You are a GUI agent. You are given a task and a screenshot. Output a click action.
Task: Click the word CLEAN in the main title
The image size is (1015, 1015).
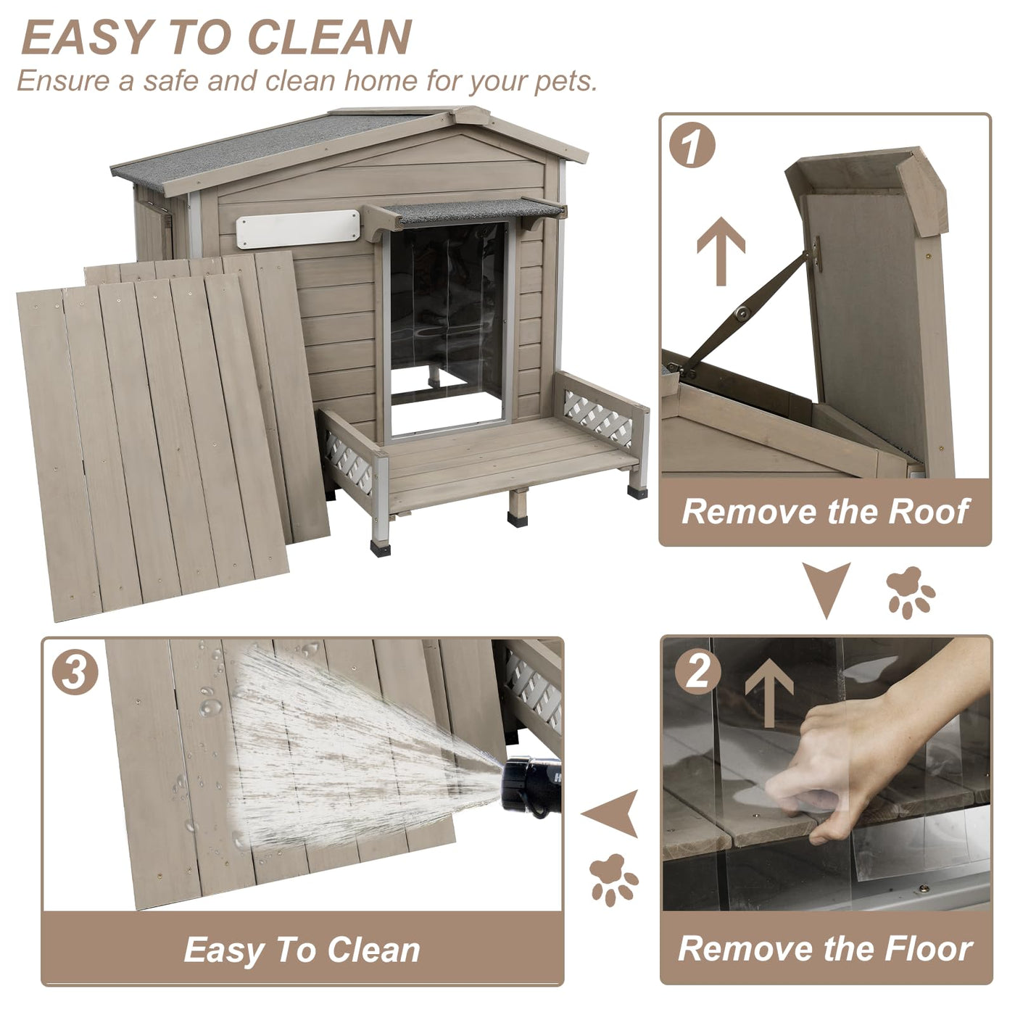point(329,37)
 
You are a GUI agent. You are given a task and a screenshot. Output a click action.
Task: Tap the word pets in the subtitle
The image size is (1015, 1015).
point(565,82)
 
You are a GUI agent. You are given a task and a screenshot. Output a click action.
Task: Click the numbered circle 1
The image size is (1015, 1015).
point(692,145)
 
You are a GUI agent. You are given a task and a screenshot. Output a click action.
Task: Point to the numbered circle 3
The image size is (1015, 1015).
point(75,672)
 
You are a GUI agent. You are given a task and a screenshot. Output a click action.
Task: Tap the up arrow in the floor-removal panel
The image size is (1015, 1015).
point(769,692)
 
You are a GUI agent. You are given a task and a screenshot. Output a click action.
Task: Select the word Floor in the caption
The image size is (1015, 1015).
point(928,948)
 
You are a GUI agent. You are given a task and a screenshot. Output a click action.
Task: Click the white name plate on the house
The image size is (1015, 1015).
point(298,228)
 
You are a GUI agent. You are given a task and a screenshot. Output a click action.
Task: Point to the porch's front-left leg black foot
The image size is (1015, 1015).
point(381,547)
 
